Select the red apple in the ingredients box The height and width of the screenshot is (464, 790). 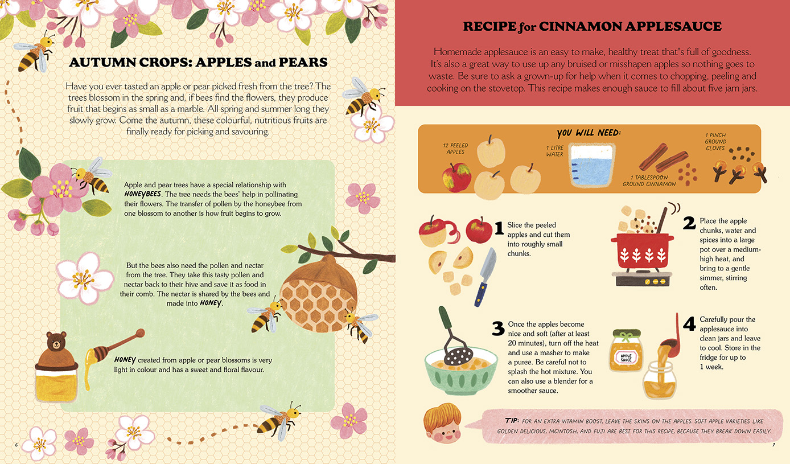point(456,177)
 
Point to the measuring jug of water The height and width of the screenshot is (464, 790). point(592,165)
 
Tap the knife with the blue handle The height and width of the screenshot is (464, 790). point(485,277)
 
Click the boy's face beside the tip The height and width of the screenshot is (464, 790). point(443,425)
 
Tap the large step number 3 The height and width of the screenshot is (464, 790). point(498,328)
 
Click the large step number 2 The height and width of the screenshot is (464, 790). point(689,223)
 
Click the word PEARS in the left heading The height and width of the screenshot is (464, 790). point(303,63)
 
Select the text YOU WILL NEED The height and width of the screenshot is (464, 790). point(589,133)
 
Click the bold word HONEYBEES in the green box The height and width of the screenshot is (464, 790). point(143,194)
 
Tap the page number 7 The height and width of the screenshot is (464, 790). point(773,445)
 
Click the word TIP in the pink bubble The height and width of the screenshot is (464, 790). point(512,421)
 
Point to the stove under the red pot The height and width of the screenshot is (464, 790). point(642,277)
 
